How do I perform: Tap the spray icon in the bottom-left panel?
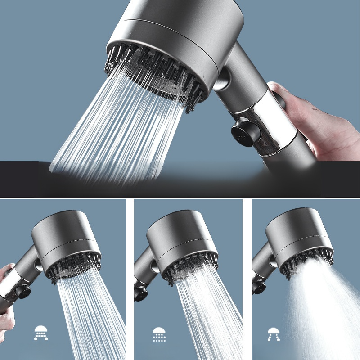coord(41,333)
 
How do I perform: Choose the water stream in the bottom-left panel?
coord(90,315)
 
